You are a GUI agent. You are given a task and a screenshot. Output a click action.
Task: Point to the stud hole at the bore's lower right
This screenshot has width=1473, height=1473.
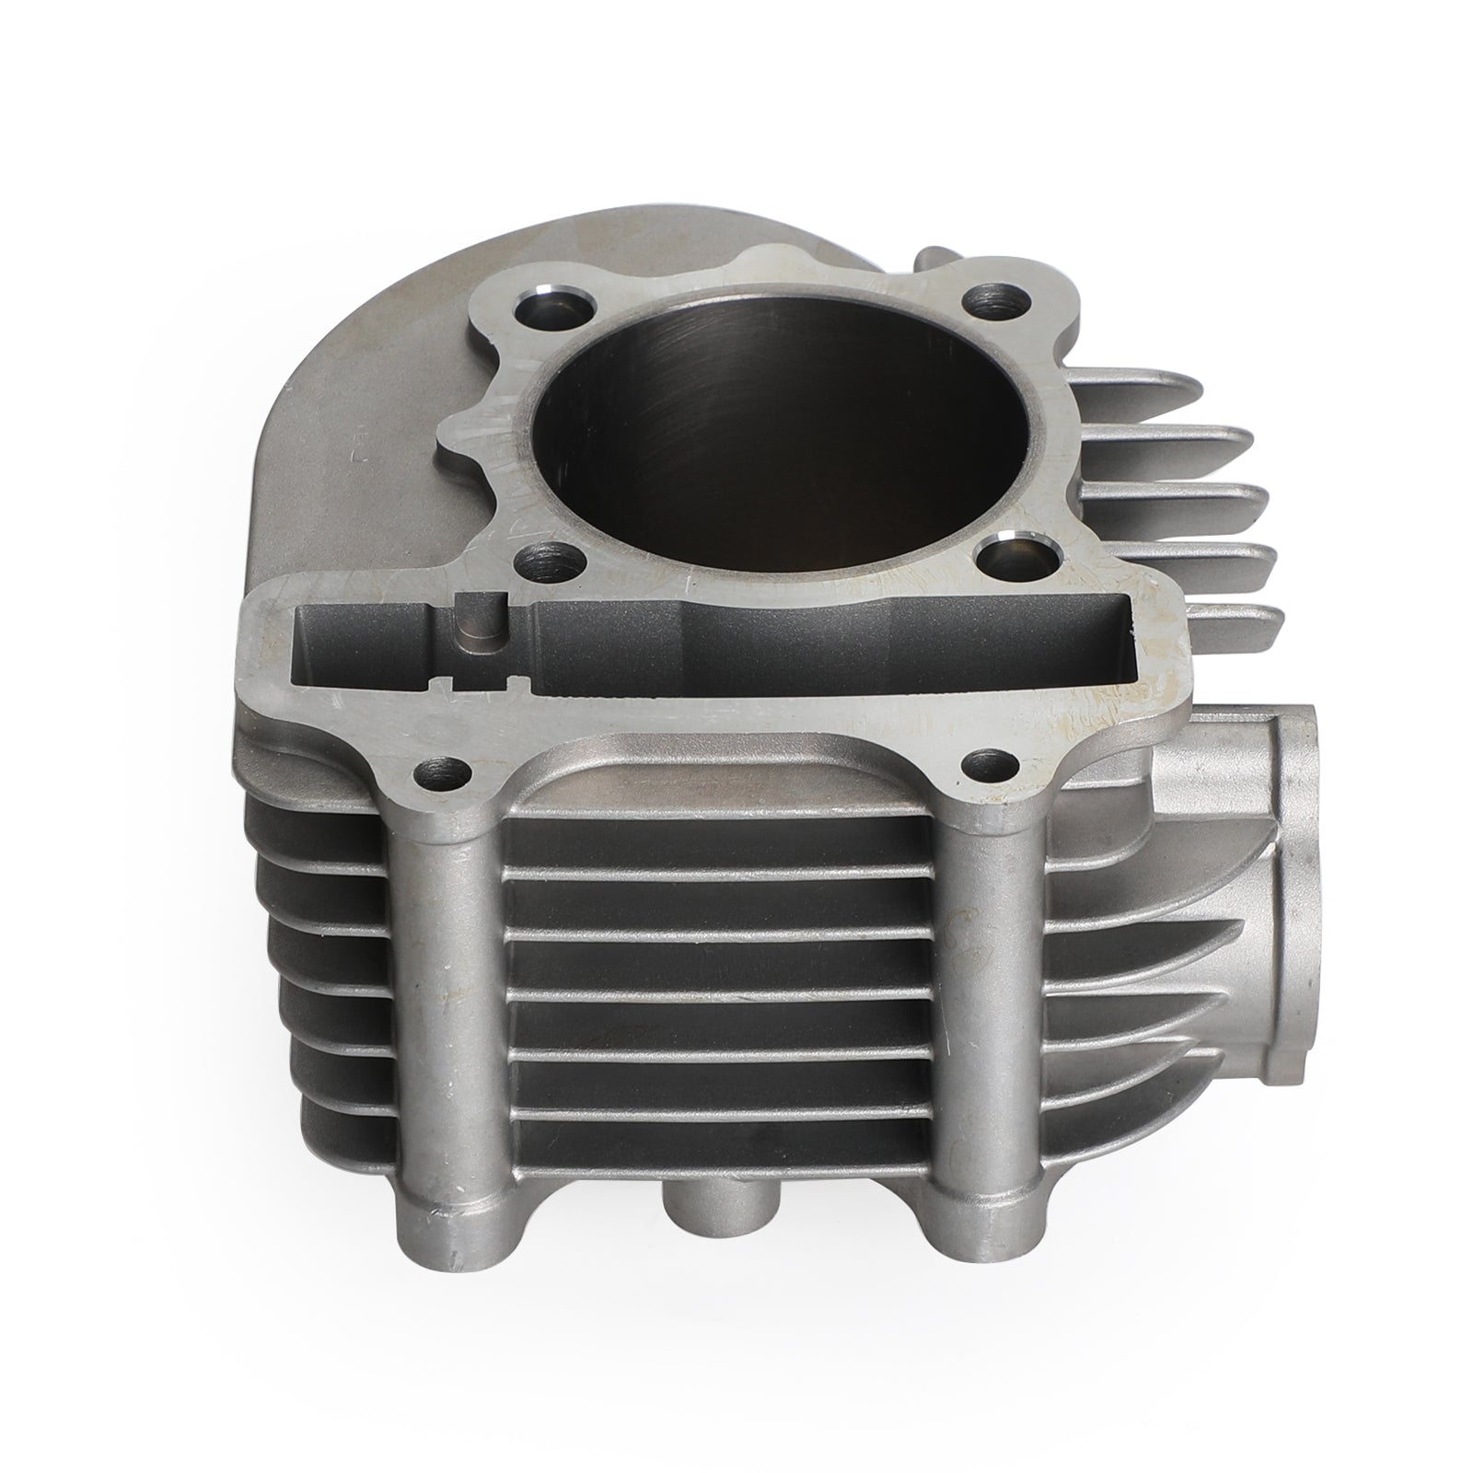(x=1006, y=557)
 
